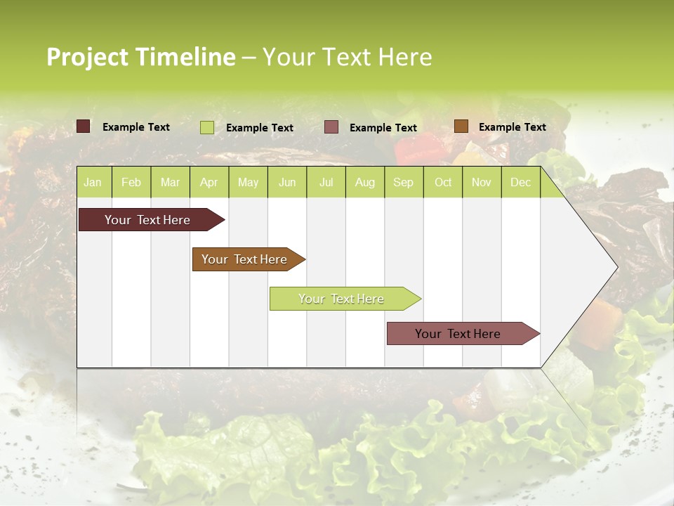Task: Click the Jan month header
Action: tap(93, 182)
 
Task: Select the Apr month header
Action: tap(209, 182)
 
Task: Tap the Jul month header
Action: tap(326, 182)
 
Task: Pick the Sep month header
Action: tap(403, 182)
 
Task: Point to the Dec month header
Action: tap(520, 182)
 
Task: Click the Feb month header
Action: tap(131, 182)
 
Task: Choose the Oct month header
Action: tap(443, 182)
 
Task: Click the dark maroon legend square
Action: tap(84, 126)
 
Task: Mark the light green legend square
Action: tap(207, 127)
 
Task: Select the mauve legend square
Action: tap(331, 127)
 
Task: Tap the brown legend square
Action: tap(461, 126)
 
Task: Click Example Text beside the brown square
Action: tap(512, 127)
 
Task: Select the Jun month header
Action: tap(287, 182)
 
